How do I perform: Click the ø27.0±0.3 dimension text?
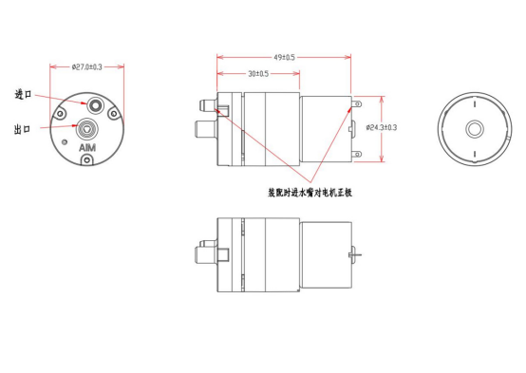[87, 67]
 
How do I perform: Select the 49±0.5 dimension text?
[284, 57]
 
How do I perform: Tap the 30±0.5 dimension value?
[258, 73]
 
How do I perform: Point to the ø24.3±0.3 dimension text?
[382, 127]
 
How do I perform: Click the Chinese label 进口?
[23, 94]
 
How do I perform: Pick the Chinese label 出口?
[22, 129]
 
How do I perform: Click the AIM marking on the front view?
[87, 148]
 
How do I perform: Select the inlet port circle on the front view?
[95, 105]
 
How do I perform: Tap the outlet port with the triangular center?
[87, 129]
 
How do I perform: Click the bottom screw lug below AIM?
[87, 160]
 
